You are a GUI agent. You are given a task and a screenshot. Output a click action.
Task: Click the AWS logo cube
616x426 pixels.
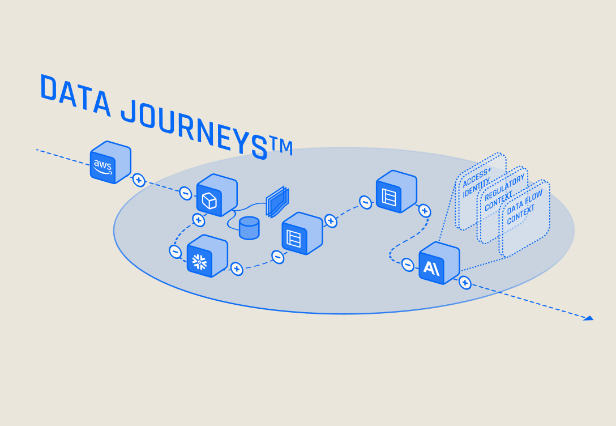[x=110, y=163]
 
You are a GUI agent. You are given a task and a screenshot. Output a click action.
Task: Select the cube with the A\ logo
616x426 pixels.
[x=439, y=263]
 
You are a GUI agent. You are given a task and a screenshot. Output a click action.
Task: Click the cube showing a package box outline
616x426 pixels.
[x=216, y=195]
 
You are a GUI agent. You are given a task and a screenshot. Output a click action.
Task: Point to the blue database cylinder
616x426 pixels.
[x=249, y=228]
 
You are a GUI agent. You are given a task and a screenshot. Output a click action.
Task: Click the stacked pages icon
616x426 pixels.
[x=277, y=202]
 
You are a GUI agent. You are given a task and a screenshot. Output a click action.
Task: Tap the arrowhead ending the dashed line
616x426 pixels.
[x=588, y=318]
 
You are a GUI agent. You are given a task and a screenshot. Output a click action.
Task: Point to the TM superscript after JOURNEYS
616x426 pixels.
[x=281, y=147]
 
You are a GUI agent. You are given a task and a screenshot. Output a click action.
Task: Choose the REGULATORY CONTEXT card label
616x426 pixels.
[x=503, y=193]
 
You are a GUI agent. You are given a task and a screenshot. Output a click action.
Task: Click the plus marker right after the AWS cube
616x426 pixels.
[x=139, y=181]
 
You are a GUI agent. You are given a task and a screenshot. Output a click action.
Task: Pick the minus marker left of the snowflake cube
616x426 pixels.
[x=176, y=251]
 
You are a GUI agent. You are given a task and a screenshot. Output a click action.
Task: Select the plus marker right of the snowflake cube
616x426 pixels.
[x=237, y=269]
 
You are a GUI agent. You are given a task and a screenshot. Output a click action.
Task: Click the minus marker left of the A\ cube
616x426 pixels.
[x=408, y=264]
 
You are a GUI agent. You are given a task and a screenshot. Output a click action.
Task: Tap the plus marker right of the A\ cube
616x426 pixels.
[x=465, y=282]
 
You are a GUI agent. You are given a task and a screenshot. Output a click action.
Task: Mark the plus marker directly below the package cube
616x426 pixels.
[x=199, y=220]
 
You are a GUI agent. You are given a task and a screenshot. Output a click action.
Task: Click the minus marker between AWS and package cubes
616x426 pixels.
[x=186, y=193]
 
